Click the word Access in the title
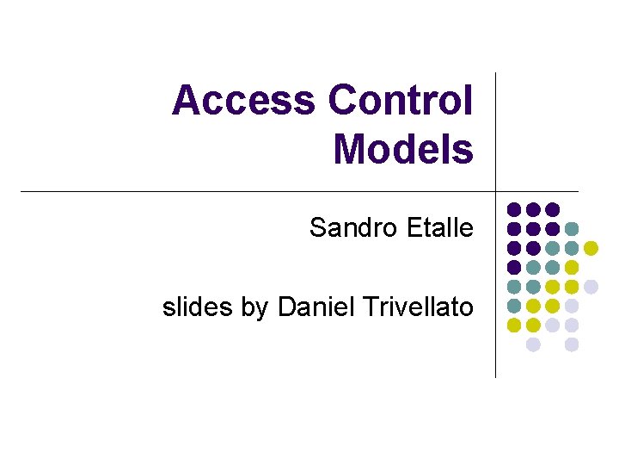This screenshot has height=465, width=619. (244, 101)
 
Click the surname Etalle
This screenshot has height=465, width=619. (441, 228)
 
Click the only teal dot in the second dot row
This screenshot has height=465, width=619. (572, 229)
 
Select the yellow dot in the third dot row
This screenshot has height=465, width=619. (591, 248)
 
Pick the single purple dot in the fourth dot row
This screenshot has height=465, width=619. (514, 267)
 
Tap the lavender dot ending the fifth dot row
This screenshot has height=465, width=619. (591, 286)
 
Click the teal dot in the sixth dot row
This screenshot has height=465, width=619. (514, 306)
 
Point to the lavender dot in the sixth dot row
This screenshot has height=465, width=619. (572, 306)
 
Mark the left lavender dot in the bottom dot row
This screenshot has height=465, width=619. (533, 344)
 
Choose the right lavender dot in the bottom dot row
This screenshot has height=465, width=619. (572, 344)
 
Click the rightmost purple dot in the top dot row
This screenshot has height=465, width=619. (552, 209)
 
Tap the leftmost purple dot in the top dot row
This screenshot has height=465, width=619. (514, 209)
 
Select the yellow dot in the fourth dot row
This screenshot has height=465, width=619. (572, 267)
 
